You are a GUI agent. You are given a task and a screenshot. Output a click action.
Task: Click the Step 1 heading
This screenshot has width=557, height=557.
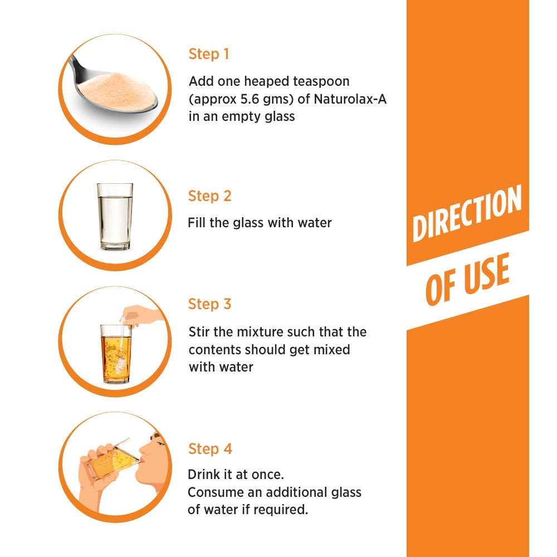point(209,54)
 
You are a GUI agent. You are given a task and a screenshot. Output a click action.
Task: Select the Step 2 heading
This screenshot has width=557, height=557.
point(209,196)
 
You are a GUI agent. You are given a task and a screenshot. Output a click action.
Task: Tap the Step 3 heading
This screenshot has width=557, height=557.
point(209,304)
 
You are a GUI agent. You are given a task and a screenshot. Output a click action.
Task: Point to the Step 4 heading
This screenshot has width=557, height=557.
point(209,449)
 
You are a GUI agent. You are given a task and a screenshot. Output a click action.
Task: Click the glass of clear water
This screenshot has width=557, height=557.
point(115,216)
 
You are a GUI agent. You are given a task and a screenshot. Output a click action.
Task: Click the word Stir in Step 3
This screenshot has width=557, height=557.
point(198,332)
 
